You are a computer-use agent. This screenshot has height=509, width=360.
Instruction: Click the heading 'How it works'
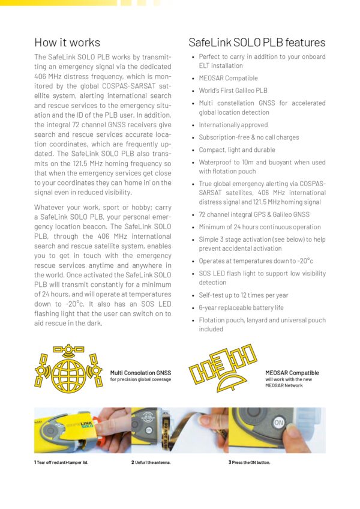67,43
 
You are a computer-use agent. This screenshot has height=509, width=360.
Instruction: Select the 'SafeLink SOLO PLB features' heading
257,43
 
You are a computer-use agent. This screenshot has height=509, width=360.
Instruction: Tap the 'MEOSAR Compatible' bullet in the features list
228,78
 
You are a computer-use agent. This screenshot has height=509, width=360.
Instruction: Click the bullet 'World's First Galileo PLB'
233,91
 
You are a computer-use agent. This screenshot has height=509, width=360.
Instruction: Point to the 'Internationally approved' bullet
233,125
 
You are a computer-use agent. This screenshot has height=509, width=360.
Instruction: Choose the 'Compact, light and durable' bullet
237,149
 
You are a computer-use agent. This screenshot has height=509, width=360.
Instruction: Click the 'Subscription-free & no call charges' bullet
248,137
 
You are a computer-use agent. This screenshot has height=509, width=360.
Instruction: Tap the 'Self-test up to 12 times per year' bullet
244,295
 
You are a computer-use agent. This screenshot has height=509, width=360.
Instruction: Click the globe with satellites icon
68,369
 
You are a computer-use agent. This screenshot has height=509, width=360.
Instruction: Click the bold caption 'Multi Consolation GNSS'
141,373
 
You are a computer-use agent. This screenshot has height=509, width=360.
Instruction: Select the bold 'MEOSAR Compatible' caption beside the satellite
292,373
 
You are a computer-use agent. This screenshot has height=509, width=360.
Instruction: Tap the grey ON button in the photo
278,423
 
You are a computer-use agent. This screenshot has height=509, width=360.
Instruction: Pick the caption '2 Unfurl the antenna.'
151,462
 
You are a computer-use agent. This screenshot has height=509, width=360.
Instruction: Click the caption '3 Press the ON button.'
249,462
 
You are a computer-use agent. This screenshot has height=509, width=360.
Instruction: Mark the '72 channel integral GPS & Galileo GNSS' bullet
254,214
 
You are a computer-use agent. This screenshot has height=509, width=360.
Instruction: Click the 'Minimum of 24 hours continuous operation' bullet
260,227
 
